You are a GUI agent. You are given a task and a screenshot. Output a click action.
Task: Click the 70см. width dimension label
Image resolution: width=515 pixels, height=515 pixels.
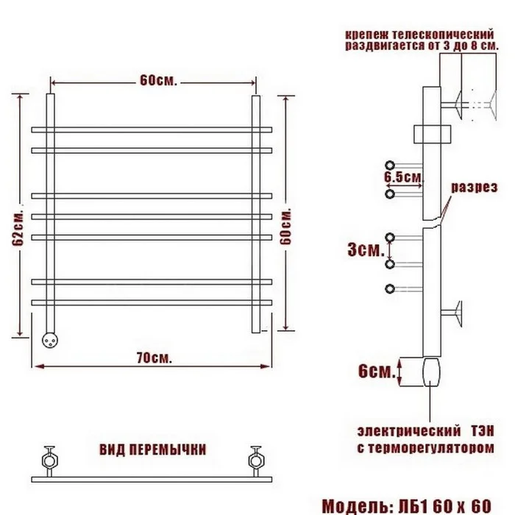click(154, 358)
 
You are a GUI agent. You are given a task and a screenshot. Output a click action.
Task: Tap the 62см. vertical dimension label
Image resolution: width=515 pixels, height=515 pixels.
click(18, 228)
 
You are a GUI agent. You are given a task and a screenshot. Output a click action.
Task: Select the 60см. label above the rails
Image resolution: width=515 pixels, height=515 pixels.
click(158, 80)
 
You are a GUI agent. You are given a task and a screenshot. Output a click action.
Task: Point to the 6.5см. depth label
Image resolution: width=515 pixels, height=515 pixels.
click(403, 177)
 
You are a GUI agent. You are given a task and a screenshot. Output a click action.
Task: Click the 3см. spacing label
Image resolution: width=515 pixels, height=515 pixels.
click(366, 250)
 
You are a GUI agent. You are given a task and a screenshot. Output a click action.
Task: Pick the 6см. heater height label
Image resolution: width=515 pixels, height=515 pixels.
click(377, 372)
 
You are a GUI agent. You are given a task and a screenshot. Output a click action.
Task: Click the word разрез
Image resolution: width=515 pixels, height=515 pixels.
click(475, 187)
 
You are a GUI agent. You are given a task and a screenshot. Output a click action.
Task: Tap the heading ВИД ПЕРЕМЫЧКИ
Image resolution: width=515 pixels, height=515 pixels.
click(153, 450)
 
